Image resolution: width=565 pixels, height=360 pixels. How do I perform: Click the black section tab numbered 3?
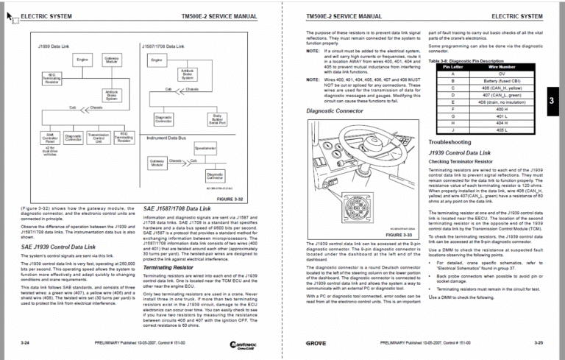(554, 102)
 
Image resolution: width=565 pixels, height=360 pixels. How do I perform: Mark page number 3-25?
(539, 343)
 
